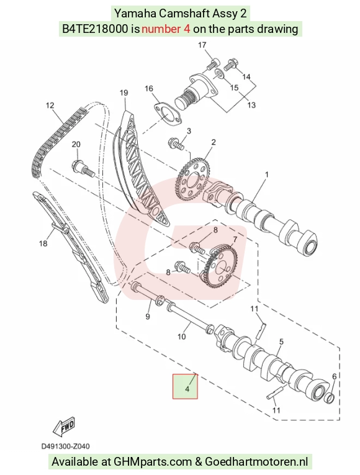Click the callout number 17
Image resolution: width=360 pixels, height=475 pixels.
tap(202, 45)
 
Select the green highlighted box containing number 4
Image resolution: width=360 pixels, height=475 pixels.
tap(185, 386)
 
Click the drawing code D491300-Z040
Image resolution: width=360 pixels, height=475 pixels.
tap(65, 446)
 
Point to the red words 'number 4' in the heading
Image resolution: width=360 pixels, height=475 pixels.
tap(166, 29)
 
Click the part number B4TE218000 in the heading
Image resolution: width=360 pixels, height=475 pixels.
tap(95, 29)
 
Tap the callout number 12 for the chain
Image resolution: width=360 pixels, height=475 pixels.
tap(50, 106)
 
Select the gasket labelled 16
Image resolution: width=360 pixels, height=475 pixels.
tap(168, 115)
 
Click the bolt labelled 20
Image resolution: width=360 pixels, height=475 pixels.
tap(83, 168)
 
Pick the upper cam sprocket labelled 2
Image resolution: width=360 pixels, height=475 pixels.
tap(192, 179)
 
